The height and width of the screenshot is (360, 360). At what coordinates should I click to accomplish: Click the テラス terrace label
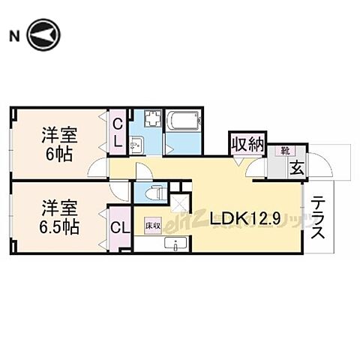(319, 217)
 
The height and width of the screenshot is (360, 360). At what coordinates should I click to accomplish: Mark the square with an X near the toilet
(180, 200)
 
